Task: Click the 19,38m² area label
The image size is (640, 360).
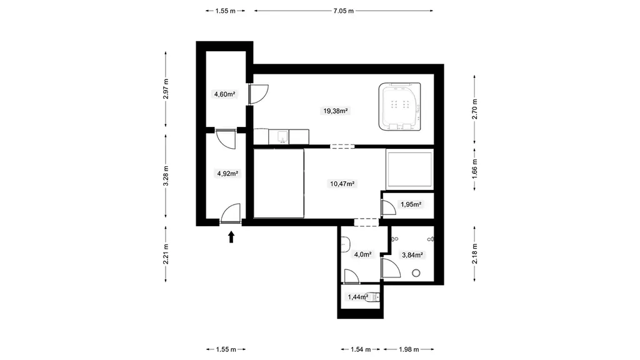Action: (x=336, y=111)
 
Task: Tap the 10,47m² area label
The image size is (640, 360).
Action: (x=342, y=184)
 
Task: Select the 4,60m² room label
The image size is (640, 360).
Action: (x=224, y=94)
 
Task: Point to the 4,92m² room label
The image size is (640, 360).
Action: (x=227, y=174)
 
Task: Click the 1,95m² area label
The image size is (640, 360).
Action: (x=411, y=204)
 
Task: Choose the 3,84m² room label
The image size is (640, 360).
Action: (x=412, y=255)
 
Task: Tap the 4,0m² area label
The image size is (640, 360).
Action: (x=363, y=255)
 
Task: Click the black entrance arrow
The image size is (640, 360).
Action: (x=231, y=237)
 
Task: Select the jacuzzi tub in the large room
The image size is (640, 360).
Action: (x=399, y=107)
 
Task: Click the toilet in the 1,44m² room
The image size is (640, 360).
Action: (x=373, y=297)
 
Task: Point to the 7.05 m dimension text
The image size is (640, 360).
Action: (x=343, y=11)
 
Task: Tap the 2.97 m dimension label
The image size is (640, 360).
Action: (x=165, y=89)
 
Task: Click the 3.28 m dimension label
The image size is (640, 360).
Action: (x=165, y=176)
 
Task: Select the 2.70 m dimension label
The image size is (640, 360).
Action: (x=474, y=109)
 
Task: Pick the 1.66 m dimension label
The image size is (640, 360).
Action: (x=474, y=167)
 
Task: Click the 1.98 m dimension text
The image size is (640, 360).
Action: (x=409, y=349)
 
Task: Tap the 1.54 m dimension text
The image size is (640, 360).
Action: (x=361, y=349)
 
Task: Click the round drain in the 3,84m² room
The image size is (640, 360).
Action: (x=416, y=273)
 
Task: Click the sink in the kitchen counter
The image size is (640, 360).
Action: (x=282, y=137)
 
